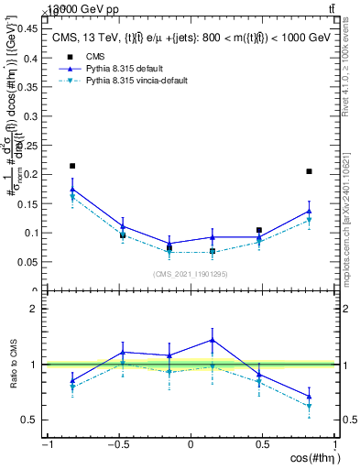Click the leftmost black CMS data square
tap(72, 166)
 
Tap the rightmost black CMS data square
tap(310, 171)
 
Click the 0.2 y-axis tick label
tap(32, 174)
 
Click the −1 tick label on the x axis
tap(46, 444)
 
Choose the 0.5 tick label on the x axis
tap(264, 444)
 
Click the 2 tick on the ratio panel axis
tap(37, 310)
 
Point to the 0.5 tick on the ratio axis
tap(32, 420)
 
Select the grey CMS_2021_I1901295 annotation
tap(191, 273)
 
